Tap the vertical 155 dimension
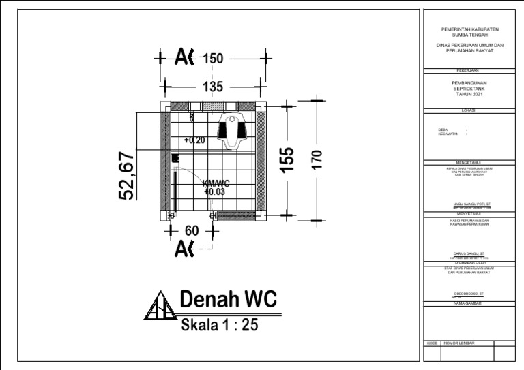pos(289,159)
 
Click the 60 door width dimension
pos(192,231)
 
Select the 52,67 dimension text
pos(127,176)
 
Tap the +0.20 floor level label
pos(194,140)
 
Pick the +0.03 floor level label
pos(214,192)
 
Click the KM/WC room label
pos(216,183)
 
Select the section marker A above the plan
pos(184,58)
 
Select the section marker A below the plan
pos(184,249)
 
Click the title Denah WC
pos(228,299)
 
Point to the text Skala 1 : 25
pos(219,325)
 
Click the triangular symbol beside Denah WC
pos(160,306)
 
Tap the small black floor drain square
pos(175,158)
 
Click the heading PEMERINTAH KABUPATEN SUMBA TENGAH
pos(469,33)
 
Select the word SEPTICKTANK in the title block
pos(469,89)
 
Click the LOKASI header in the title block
pos(469,110)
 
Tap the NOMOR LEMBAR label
pos(458,343)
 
